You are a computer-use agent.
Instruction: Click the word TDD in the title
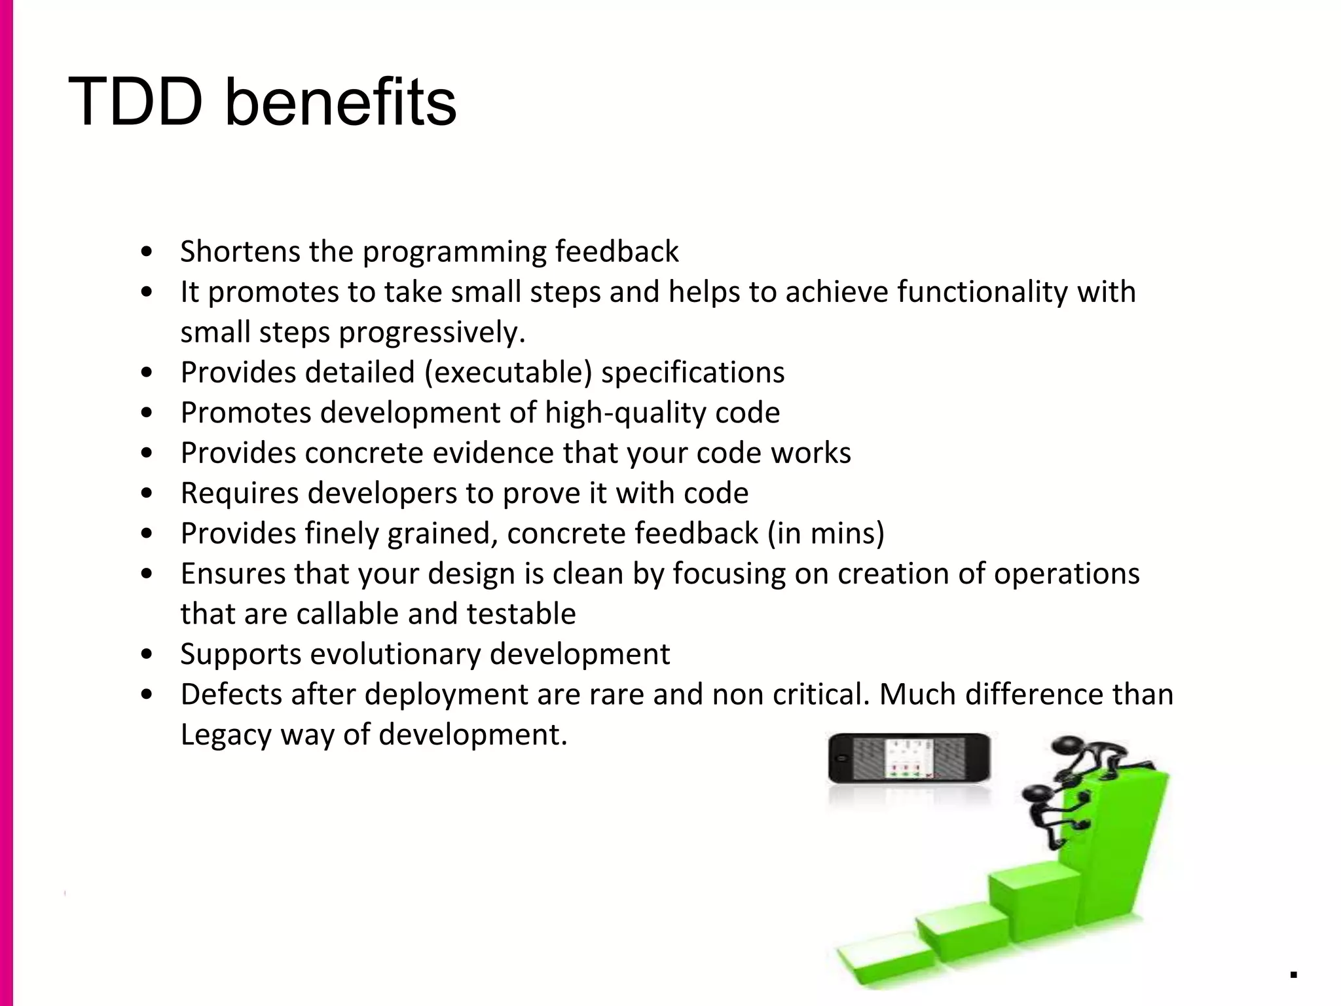coord(135,102)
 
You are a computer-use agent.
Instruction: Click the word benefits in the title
coord(340,102)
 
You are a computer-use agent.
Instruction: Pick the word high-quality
coord(625,413)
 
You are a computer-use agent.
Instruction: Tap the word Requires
coord(239,493)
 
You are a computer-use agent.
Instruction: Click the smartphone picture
coord(909,758)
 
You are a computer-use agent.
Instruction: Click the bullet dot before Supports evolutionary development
coord(147,654)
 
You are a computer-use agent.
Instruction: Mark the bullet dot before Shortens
coord(147,252)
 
